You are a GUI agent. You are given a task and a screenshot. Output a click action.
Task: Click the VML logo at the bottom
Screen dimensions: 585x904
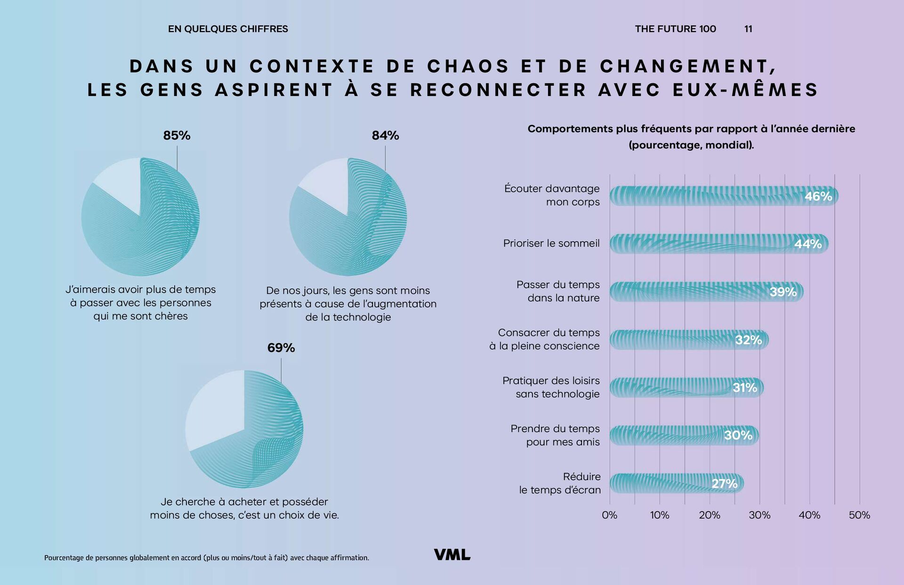coord(452,555)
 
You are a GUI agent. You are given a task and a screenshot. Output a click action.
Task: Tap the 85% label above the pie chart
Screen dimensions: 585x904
coord(177,136)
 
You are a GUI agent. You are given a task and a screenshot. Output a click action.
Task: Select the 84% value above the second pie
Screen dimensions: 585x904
coord(385,136)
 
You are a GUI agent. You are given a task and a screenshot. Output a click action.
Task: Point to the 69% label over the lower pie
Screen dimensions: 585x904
coord(281,348)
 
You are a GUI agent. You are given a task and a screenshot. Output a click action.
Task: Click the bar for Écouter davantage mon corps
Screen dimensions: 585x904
coord(706,196)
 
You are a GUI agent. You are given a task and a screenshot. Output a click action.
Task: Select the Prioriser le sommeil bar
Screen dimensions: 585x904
coord(702,244)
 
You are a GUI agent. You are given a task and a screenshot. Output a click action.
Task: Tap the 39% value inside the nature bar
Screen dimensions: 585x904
coord(783,292)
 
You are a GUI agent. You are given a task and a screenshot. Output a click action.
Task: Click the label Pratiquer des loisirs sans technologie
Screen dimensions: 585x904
coord(551,387)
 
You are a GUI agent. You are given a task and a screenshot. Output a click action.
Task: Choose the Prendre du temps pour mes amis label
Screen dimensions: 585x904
coord(555,435)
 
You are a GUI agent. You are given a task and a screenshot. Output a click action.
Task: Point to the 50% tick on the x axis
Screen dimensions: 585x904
coord(859,515)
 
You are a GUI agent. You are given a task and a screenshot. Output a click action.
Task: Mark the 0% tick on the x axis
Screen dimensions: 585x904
coord(610,515)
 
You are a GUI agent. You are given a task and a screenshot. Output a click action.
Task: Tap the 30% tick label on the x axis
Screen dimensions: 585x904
coord(759,515)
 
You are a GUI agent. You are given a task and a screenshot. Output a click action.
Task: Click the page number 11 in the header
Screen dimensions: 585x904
coord(748,29)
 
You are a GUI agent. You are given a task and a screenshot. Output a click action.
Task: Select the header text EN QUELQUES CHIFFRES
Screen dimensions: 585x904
coord(228,29)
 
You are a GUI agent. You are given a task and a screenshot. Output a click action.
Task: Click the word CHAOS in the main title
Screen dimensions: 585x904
coord(468,66)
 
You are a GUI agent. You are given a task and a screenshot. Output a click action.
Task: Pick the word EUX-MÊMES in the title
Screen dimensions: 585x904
coord(746,90)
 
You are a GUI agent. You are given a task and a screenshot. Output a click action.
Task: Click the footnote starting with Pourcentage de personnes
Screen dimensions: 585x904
coord(206,558)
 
